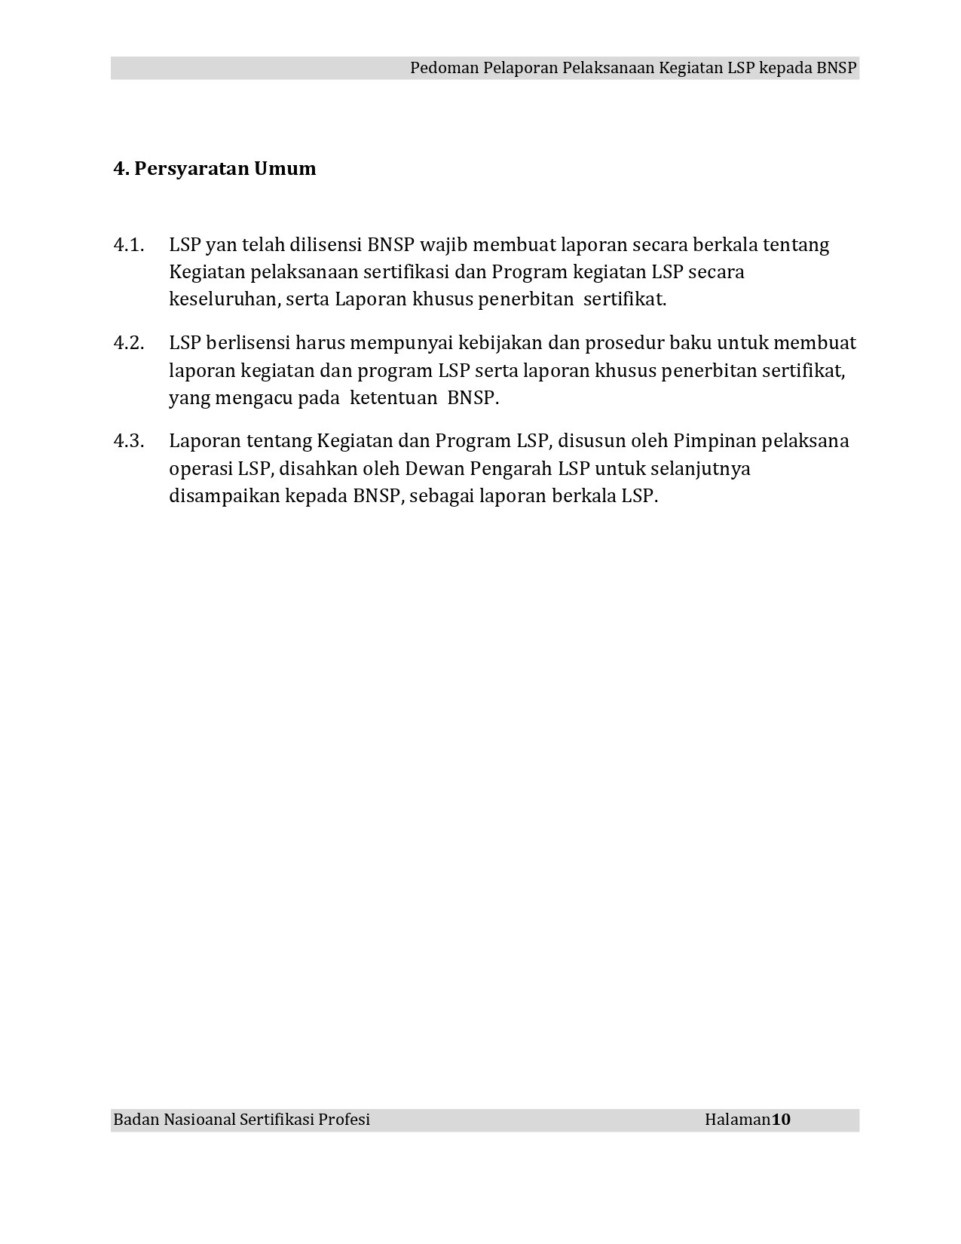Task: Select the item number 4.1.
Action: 128,246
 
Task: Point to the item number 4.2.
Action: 128,344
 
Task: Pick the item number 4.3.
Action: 128,442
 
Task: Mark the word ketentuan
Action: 393,398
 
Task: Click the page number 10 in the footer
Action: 781,1120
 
